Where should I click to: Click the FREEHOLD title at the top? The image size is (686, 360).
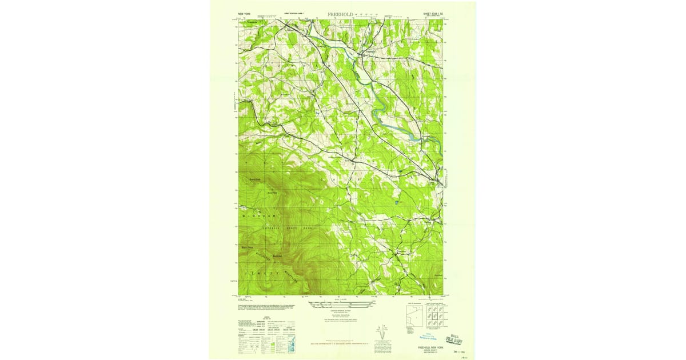tap(340, 13)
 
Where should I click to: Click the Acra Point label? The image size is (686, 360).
tap(273, 193)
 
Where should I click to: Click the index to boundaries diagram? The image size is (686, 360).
tap(414, 316)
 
